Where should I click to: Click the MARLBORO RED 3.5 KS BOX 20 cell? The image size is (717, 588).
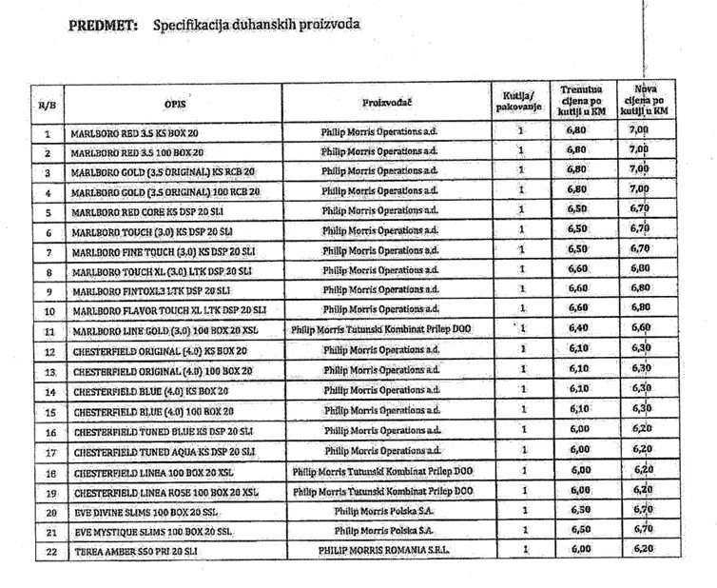(137, 133)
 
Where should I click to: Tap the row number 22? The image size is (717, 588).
(47, 550)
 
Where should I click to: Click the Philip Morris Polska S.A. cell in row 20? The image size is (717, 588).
(382, 510)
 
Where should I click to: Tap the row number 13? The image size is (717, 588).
(47, 371)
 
